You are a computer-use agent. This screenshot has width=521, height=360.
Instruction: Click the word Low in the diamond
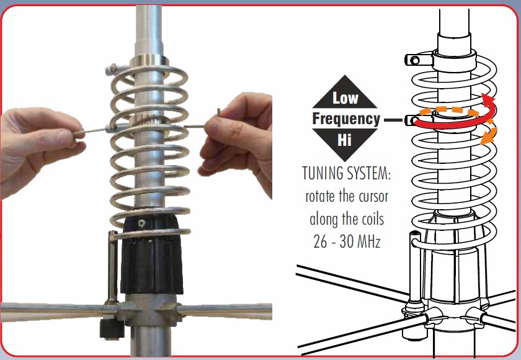click(x=345, y=97)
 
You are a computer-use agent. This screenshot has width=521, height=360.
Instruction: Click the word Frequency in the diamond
click(x=346, y=119)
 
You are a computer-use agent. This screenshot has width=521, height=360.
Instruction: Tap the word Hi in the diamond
click(x=344, y=140)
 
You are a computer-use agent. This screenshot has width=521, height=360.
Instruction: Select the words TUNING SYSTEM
click(x=347, y=173)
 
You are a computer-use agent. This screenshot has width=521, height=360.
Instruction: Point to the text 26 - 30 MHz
click(x=347, y=241)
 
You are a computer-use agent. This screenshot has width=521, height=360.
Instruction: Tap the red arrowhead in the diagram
click(x=489, y=99)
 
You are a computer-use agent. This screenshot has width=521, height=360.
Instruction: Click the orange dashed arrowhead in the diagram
click(x=488, y=137)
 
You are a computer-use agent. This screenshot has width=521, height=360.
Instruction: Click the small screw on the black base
click(x=141, y=223)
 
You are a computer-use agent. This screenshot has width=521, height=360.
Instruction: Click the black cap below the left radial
click(x=112, y=329)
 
